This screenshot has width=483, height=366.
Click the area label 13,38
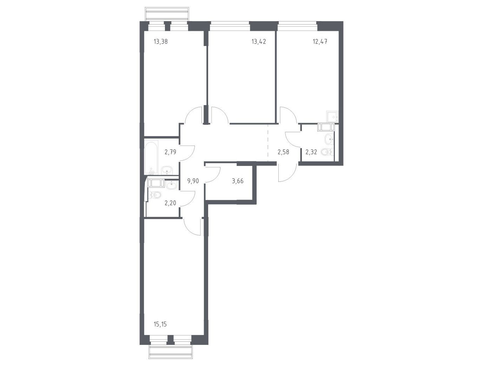tap(161, 41)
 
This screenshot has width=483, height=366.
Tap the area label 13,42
tap(259, 41)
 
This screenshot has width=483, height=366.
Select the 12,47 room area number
tap(320, 41)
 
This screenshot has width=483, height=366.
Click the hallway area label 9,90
tap(193, 181)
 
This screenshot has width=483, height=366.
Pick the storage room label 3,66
tap(238, 181)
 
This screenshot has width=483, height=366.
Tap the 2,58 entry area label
tap(283, 152)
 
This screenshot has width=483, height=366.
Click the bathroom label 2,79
tap(170, 152)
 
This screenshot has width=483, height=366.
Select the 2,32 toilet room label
tap(311, 152)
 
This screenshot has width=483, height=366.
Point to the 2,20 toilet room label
tap(170, 203)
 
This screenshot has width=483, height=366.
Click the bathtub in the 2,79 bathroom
tap(151, 158)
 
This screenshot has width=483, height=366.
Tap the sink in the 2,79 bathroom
tap(167, 171)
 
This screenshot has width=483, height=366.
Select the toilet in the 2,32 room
tap(326, 152)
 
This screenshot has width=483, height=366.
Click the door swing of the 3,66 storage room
tap(213, 175)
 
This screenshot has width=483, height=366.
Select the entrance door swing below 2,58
tap(287, 173)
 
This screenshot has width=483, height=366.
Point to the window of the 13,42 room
tap(230, 26)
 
